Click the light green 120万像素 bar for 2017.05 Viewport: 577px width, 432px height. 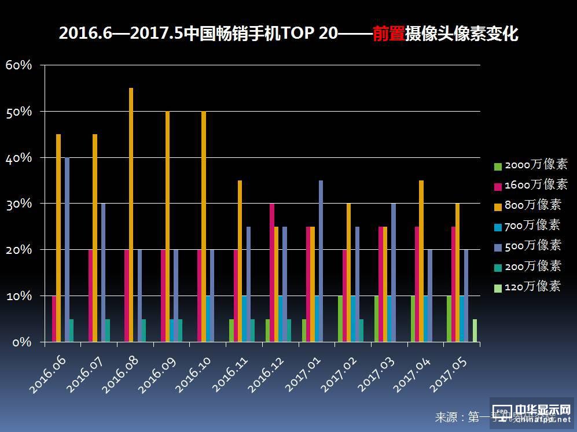pyautogui.click(x=475, y=330)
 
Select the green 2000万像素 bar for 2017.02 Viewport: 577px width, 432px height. pyautogui.click(x=340, y=319)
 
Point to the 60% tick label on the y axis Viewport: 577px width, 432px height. pyautogui.click(x=19, y=65)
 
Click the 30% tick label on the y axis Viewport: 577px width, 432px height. pyautogui.click(x=19, y=204)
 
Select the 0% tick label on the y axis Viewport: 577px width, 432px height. pyautogui.click(x=22, y=342)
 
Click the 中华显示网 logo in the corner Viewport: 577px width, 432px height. pyautogui.click(x=532, y=413)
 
